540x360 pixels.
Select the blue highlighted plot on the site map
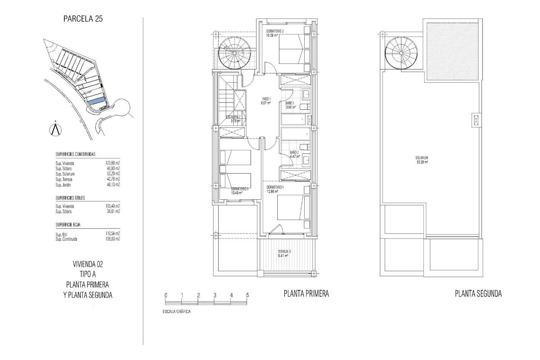pyautogui.click(x=96, y=101)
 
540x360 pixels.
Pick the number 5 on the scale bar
pyautogui.click(x=247, y=295)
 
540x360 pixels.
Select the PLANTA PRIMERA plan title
pyautogui.click(x=306, y=294)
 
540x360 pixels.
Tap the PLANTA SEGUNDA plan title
pyautogui.click(x=478, y=294)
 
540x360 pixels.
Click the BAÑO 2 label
pyautogui.click(x=294, y=153)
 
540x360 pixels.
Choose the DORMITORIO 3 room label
pyautogui.click(x=239, y=189)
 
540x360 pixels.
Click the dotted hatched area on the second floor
pyautogui.click(x=449, y=50)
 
